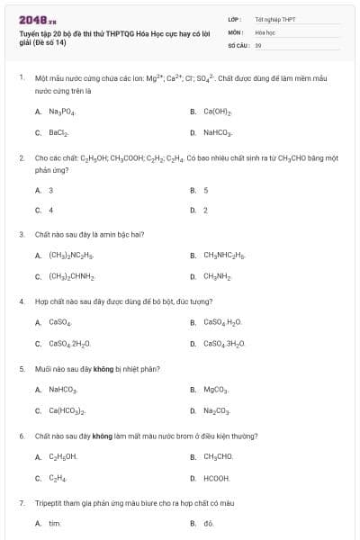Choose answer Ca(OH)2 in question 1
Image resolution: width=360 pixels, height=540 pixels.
(x=218, y=112)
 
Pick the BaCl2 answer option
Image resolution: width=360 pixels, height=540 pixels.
(x=58, y=132)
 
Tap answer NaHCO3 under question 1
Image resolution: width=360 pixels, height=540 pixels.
(x=219, y=132)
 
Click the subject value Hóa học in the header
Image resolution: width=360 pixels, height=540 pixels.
(x=265, y=31)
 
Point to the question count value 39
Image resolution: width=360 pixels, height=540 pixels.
(x=258, y=44)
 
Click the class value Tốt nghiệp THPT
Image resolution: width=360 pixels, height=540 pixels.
(x=269, y=19)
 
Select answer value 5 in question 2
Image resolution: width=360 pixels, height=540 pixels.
(x=206, y=190)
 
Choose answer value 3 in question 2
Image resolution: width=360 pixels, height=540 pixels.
(x=50, y=190)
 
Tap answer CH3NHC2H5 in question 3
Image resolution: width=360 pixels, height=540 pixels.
(x=224, y=256)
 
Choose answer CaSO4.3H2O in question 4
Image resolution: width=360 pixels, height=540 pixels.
(x=225, y=343)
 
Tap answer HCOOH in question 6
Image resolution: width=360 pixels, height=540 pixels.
(x=217, y=478)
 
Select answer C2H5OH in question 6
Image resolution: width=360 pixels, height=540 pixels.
(x=62, y=456)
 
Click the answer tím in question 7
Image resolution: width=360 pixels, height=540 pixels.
(x=54, y=523)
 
